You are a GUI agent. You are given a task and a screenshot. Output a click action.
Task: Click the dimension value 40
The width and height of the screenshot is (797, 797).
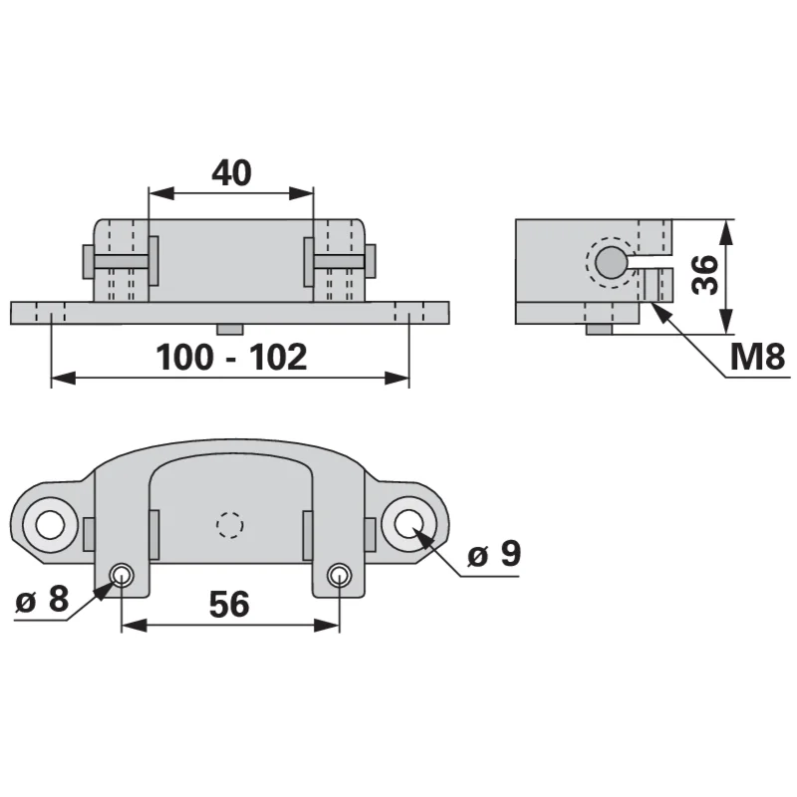tap(231, 172)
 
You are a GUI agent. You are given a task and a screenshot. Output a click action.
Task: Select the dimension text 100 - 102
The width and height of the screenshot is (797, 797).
tap(231, 357)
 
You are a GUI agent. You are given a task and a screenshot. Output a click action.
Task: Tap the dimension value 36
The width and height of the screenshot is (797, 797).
tap(705, 275)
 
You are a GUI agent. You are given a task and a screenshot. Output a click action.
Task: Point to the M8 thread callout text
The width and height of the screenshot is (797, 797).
tap(757, 357)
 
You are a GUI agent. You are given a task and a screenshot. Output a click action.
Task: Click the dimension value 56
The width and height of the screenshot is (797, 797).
tap(229, 604)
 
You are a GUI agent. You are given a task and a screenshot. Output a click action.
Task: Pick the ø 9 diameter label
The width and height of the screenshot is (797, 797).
tap(494, 553)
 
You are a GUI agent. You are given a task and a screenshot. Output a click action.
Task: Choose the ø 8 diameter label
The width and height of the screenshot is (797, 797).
tap(42, 599)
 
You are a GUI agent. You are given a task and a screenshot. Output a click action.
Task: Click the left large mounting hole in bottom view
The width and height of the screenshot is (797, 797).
tap(50, 525)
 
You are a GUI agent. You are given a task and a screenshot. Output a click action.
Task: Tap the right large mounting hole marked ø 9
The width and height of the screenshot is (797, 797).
tap(408, 524)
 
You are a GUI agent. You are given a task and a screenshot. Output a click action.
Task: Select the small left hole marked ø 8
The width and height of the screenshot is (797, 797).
tap(122, 576)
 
